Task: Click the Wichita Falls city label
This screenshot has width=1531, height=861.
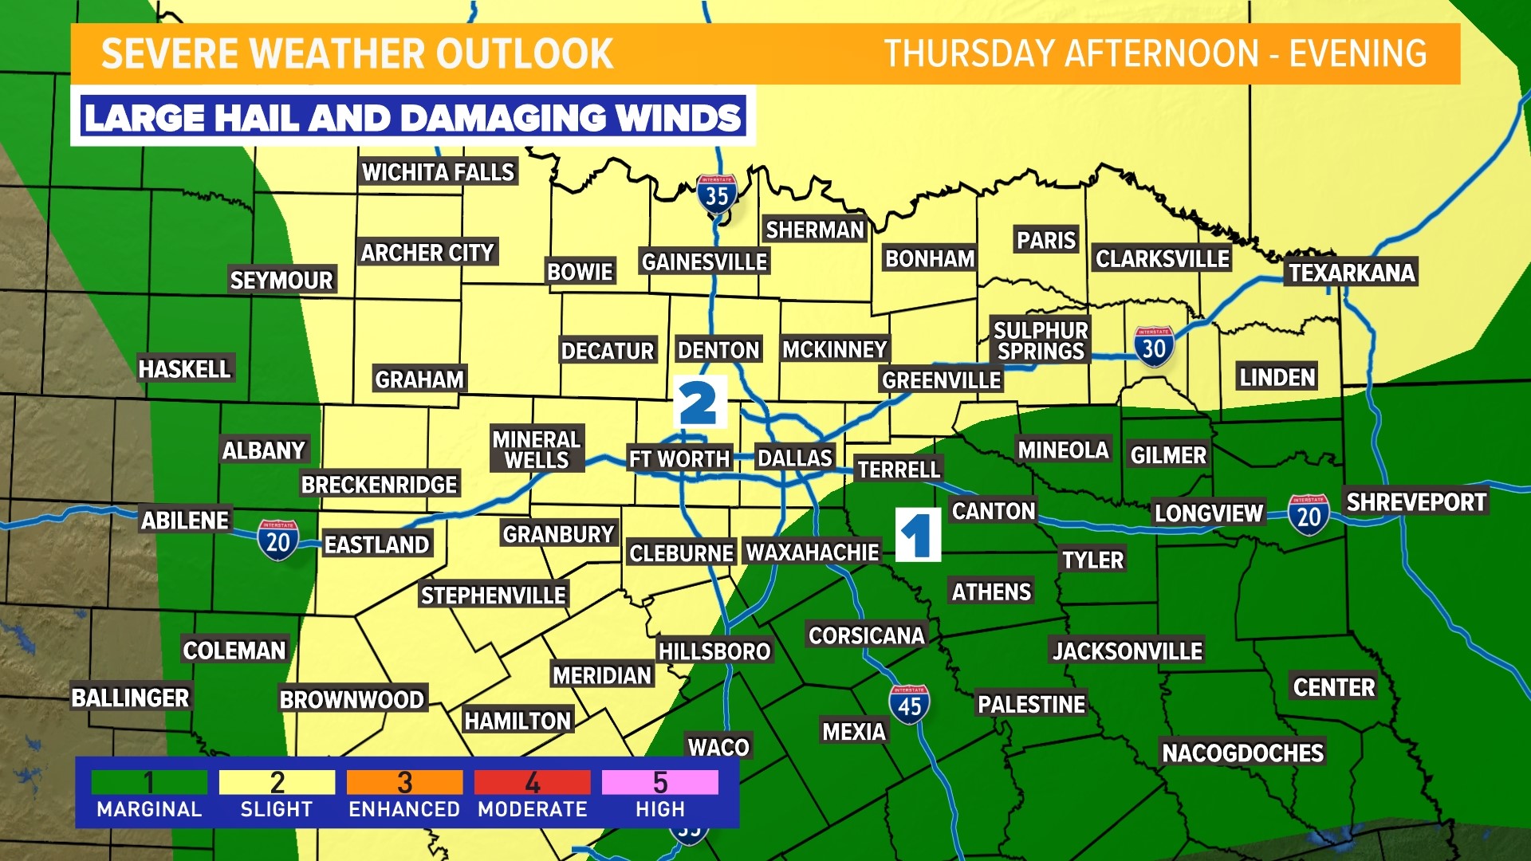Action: [438, 172]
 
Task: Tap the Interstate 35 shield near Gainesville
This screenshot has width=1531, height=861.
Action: [716, 194]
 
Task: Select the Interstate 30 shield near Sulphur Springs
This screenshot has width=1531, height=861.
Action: [1153, 347]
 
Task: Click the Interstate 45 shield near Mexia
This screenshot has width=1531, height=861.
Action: [909, 705]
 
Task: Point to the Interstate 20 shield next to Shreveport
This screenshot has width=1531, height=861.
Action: [1308, 515]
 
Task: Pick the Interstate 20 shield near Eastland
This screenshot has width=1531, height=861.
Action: [277, 541]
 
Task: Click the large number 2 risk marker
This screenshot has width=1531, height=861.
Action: [699, 403]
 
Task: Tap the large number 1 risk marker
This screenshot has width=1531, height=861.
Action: [918, 535]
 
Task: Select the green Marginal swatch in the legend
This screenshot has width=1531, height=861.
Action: [149, 782]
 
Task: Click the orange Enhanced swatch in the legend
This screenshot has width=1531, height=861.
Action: [404, 782]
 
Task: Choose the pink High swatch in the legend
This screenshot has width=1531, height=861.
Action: [659, 782]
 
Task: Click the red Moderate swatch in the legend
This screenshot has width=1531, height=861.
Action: [532, 782]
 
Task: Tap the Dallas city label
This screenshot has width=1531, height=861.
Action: [794, 458]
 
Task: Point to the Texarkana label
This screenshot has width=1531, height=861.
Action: [1352, 273]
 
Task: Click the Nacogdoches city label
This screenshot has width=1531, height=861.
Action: [1242, 753]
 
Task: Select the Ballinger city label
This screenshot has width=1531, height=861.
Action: [131, 698]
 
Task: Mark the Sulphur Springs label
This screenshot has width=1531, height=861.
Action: [1041, 340]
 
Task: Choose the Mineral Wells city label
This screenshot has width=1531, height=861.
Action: [536, 450]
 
